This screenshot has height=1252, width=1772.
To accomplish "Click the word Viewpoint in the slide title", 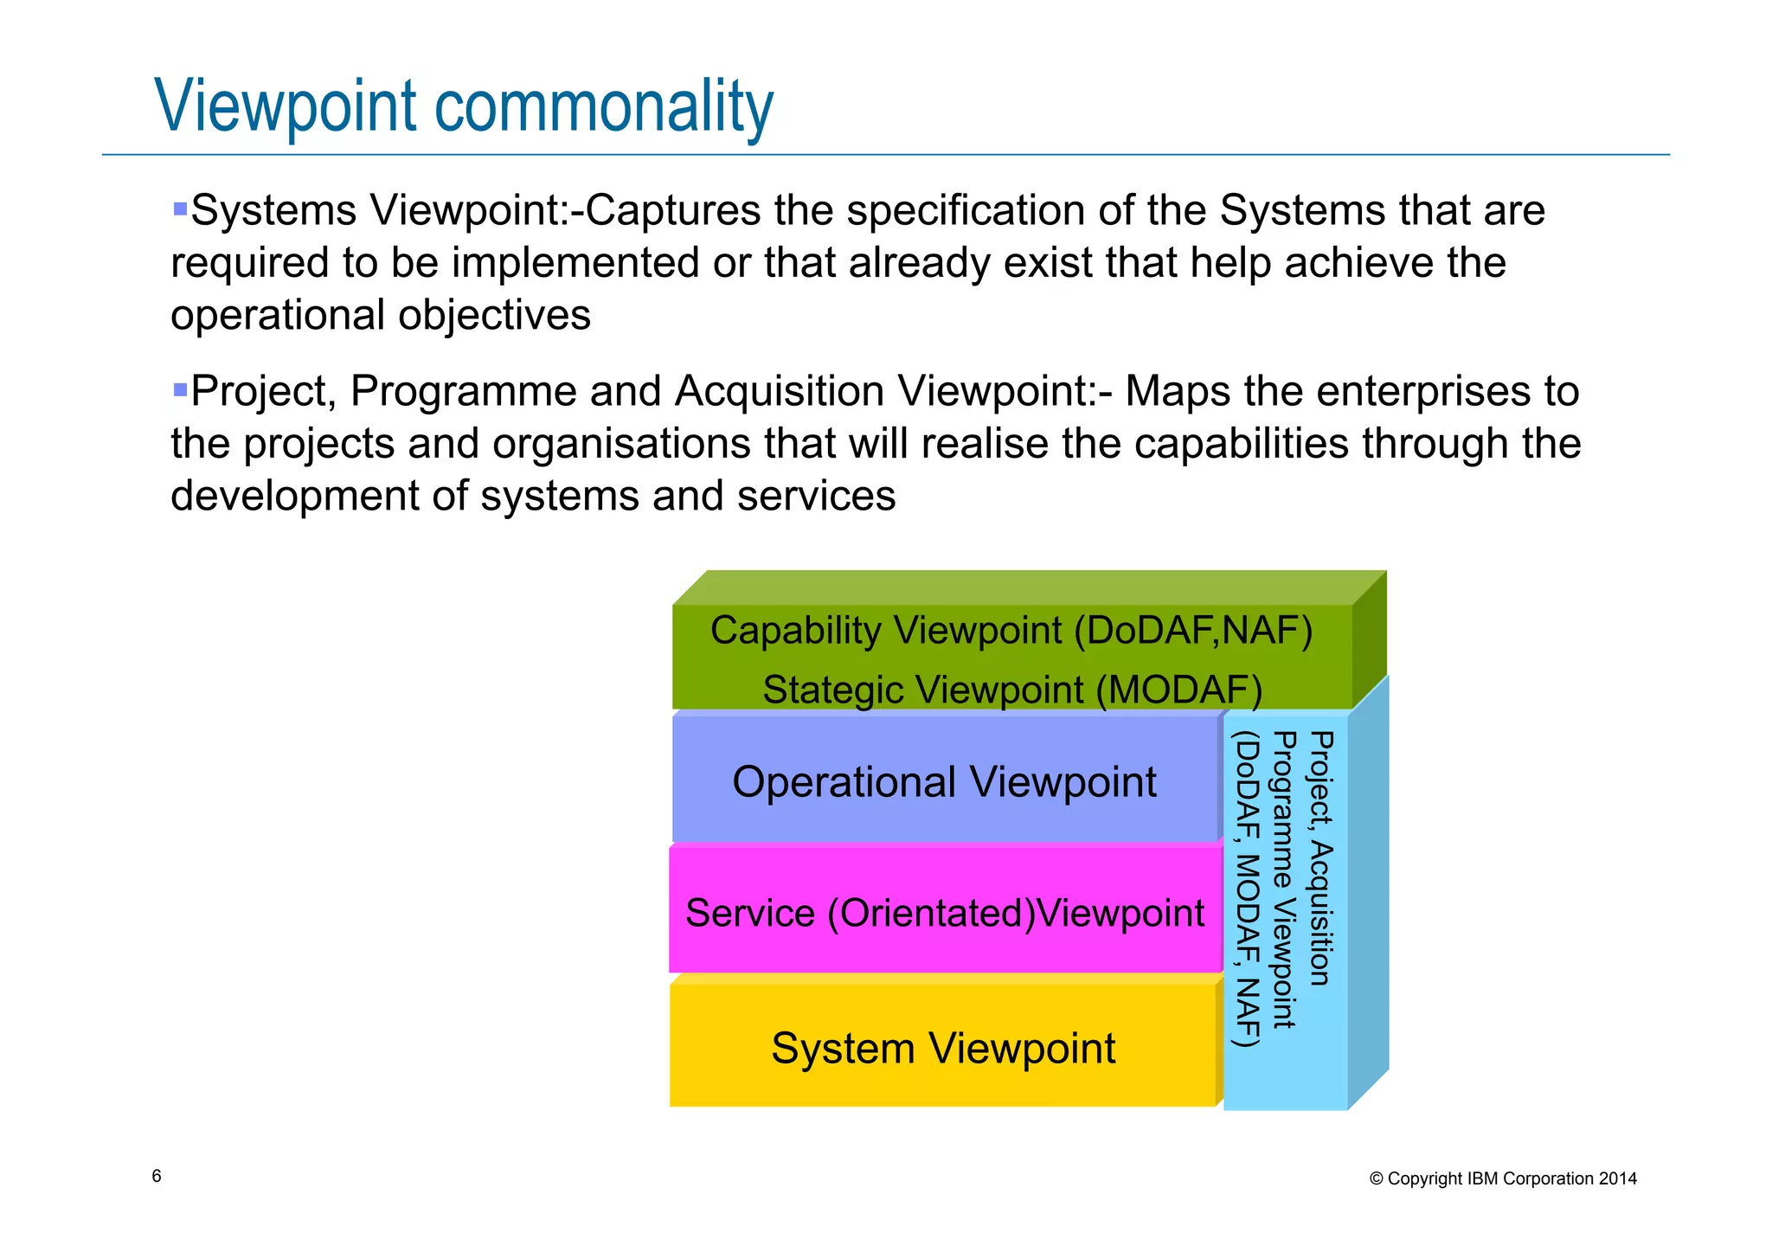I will coord(286,106).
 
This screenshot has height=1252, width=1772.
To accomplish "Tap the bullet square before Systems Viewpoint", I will coord(180,209).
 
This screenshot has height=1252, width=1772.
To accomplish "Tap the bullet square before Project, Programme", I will coord(180,389).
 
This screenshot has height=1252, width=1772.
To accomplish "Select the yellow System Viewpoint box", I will coord(942,1048).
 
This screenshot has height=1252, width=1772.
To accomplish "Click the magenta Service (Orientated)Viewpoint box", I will coord(944,913).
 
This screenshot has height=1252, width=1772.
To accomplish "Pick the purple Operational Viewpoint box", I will coord(944,781).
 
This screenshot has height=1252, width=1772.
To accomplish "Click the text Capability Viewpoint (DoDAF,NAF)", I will coord(1011,630).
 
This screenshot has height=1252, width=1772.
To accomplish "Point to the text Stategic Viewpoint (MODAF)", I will coord(1011,690).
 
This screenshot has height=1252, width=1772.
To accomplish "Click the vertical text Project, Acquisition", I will coord(1321,857).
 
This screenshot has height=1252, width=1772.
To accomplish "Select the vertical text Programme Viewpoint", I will coord(1284,879).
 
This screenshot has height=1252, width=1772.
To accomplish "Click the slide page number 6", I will coord(157,1176).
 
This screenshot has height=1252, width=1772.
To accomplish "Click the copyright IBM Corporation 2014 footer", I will coord(1503,1178).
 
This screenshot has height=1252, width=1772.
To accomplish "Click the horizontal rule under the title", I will coord(885,155).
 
